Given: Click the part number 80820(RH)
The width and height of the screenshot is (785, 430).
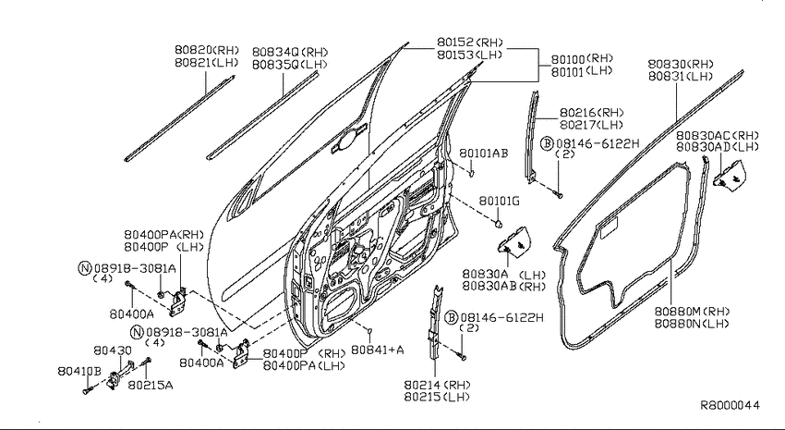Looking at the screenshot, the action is pos(207,50).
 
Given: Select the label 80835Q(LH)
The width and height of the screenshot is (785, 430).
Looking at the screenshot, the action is pos(289,65).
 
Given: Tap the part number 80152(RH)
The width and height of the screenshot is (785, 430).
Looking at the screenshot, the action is pos(469,43).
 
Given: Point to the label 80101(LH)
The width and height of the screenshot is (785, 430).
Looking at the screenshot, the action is pos(582,71).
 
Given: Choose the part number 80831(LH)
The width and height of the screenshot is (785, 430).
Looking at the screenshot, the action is pos(681,76).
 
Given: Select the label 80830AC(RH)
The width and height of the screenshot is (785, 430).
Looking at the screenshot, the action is pos(718,136).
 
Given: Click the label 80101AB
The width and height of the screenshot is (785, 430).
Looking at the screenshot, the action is pos(484,154).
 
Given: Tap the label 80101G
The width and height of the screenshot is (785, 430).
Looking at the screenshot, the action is pos(499,201).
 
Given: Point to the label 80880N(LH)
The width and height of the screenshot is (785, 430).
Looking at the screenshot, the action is pos(692,324).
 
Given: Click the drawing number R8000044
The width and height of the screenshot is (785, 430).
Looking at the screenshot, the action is pos(730,405).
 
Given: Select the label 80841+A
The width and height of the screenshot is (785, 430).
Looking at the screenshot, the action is pos(377,350).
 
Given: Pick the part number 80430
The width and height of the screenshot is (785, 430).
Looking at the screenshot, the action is pos(113,350).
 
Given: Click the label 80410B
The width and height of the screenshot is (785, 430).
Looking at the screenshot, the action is pos(79,372).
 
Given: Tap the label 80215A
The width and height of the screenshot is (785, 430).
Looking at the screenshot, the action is pos(151,385).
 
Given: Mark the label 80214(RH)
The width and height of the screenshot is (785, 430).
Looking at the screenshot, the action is pos(437,385).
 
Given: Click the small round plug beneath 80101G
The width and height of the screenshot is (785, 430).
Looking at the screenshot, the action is pos(498,224).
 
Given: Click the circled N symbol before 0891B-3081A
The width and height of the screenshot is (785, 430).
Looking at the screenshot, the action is pos(85,268).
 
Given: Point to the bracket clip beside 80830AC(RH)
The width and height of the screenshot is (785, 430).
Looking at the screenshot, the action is pos(730,175).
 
